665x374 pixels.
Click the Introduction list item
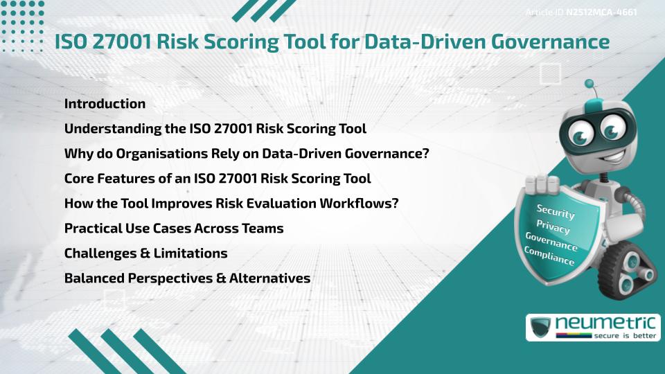click(x=105, y=104)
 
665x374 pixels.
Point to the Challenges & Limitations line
click(x=145, y=253)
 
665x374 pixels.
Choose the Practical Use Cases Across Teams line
click(x=174, y=229)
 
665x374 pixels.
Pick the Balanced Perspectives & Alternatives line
click(x=187, y=278)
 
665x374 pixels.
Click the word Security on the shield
click(x=556, y=212)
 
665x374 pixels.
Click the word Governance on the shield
click(x=551, y=242)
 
